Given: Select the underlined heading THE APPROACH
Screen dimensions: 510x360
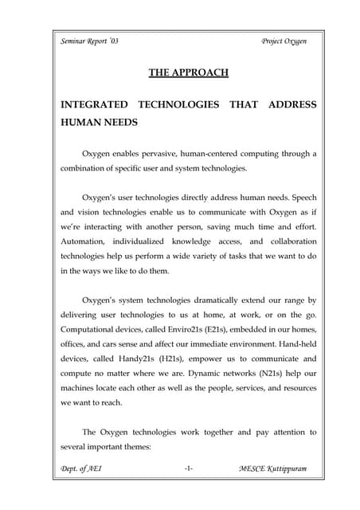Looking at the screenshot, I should tap(189, 73).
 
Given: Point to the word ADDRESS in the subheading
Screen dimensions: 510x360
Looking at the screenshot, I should tap(292, 105).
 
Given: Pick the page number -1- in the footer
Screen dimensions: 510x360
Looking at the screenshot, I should tap(189, 469).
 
